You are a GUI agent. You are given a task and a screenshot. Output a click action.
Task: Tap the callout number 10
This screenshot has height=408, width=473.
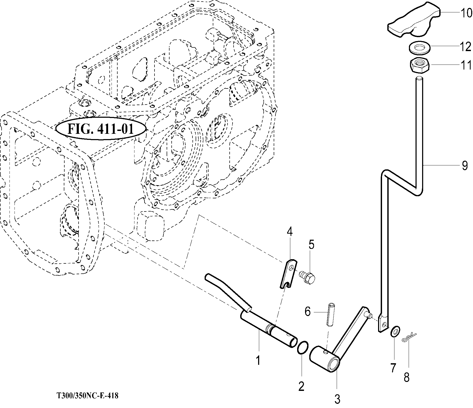click(x=466, y=13)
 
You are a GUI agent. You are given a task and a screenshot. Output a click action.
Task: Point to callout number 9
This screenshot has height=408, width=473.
click(x=465, y=165)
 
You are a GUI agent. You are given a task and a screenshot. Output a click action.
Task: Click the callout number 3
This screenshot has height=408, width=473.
click(x=337, y=399)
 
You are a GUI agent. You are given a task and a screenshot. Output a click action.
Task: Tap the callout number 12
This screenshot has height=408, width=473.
click(x=466, y=47)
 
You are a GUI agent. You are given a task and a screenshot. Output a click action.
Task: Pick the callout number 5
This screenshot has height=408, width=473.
click(x=311, y=244)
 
